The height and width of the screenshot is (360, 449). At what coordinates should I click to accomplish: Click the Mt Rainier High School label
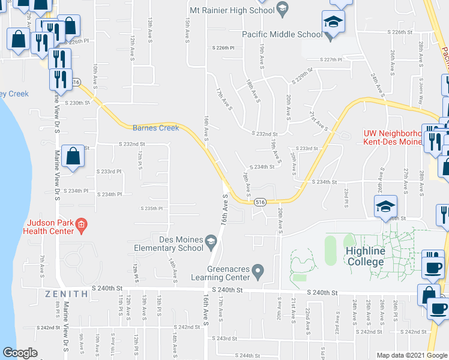(232, 10)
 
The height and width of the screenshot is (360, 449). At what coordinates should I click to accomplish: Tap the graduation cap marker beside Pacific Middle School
(331, 23)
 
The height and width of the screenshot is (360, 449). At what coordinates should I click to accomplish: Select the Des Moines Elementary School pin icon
(211, 242)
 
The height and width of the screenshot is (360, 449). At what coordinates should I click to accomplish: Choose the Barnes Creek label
(156, 127)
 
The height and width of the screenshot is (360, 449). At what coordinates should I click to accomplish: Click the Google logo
(20, 353)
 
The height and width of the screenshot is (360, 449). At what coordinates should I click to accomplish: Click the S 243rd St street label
(225, 338)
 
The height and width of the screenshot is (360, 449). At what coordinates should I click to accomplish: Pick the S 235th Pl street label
(152, 208)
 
